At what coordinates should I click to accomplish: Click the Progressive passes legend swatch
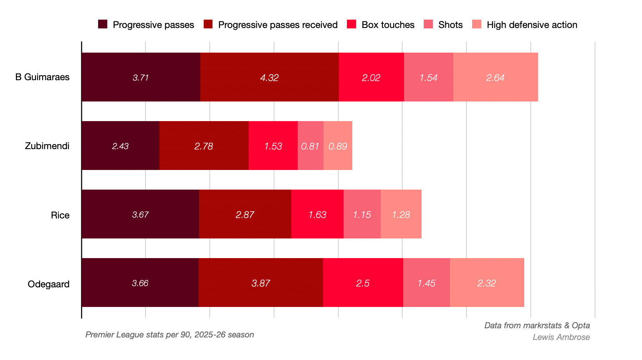click(x=103, y=24)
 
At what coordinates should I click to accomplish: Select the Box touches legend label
click(x=388, y=25)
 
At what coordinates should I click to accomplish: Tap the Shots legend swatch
click(x=428, y=24)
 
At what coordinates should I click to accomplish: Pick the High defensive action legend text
click(x=532, y=25)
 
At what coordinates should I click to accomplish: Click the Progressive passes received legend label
click(x=278, y=25)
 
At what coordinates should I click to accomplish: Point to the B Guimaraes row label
click(x=42, y=77)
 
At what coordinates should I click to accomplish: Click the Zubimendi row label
click(x=47, y=146)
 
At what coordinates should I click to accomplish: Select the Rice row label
click(x=60, y=215)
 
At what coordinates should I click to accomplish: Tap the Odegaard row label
click(x=48, y=284)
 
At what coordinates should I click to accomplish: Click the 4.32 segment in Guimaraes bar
click(x=269, y=77)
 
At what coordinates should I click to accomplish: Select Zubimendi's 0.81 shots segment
click(x=311, y=145)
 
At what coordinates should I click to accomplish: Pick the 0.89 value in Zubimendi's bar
click(x=338, y=146)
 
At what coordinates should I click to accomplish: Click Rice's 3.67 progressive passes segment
click(x=140, y=214)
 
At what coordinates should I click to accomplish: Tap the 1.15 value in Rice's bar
click(x=361, y=215)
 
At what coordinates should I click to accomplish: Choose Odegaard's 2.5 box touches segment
click(x=363, y=283)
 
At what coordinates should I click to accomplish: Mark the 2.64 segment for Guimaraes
click(x=495, y=77)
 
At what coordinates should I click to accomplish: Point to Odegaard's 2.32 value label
click(x=486, y=284)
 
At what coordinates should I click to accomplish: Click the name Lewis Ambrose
click(x=561, y=337)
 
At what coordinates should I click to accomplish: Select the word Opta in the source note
click(x=581, y=326)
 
